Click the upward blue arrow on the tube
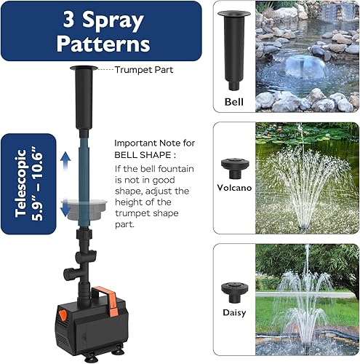(x=63, y=160)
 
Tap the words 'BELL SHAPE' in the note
(x=143, y=156)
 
